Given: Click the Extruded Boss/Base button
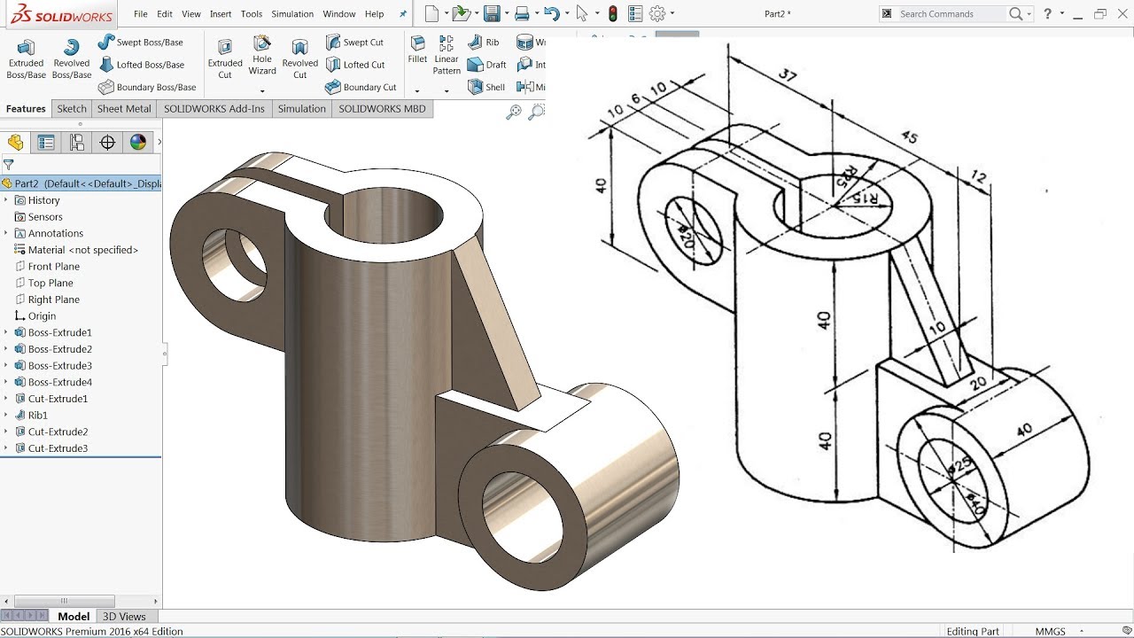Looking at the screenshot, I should click(x=26, y=58).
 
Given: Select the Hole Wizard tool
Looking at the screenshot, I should click(x=262, y=55).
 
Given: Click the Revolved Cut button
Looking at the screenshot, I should click(x=299, y=58).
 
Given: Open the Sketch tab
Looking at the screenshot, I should click(x=72, y=109).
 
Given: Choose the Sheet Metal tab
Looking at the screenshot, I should click(x=124, y=109).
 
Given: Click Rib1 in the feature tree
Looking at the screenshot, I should click(x=37, y=415).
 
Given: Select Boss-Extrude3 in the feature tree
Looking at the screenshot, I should click(x=59, y=365).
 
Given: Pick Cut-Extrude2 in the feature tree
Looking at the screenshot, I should click(x=58, y=432).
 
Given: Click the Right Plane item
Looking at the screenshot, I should click(x=53, y=300).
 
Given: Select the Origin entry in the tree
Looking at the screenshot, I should click(x=42, y=315).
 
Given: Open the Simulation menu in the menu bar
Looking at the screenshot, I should click(x=292, y=14).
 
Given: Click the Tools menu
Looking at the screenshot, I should click(x=252, y=14).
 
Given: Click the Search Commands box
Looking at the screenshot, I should click(x=951, y=14).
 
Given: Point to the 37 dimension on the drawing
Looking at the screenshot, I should click(x=788, y=76).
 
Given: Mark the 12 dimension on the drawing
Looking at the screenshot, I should click(x=978, y=177).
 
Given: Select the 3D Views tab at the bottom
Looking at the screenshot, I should click(x=124, y=616).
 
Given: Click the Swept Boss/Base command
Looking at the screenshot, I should click(x=149, y=43).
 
